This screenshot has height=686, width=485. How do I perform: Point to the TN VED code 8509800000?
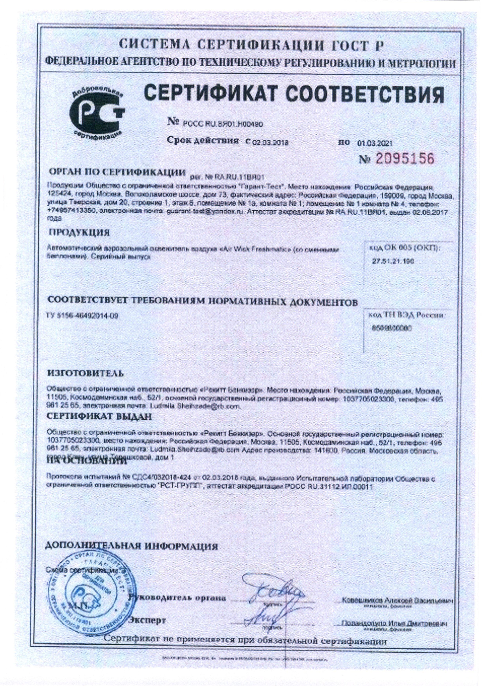pos(392,328)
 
